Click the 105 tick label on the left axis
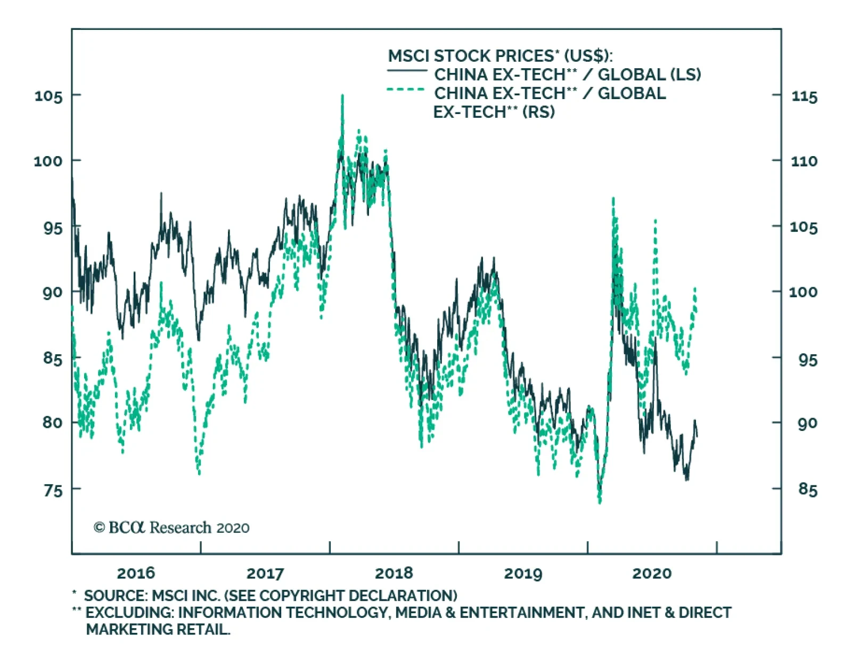coord(48,96)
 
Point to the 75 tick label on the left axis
coord(53,490)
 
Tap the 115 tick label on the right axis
coord(804,97)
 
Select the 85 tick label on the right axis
coord(807,489)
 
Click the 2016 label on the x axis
coord(136,573)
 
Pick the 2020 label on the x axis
coord(652,573)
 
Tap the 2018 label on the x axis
coord(394,573)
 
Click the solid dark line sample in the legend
coord(407,71)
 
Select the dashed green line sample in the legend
coord(406,90)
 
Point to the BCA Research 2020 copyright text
coord(171,527)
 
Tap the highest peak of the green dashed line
coord(342,96)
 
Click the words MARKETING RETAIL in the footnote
coord(158,630)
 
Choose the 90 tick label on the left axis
coord(53,292)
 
